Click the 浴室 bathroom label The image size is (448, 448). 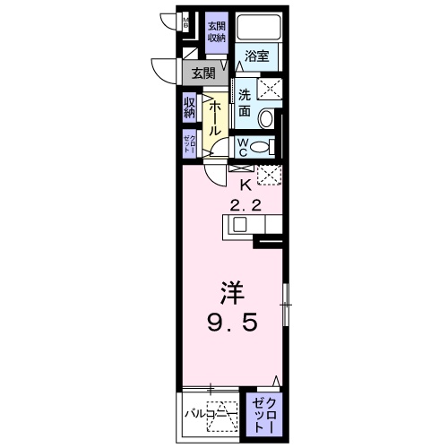point(257,56)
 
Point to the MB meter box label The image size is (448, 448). point(185,22)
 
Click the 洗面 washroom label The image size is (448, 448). point(245,101)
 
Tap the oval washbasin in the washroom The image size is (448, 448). point(266,117)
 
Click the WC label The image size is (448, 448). point(243,146)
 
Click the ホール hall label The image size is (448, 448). point(216,116)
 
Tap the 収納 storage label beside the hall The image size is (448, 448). point(190,108)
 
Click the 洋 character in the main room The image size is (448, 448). point(232,294)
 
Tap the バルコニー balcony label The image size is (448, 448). point(205,416)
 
